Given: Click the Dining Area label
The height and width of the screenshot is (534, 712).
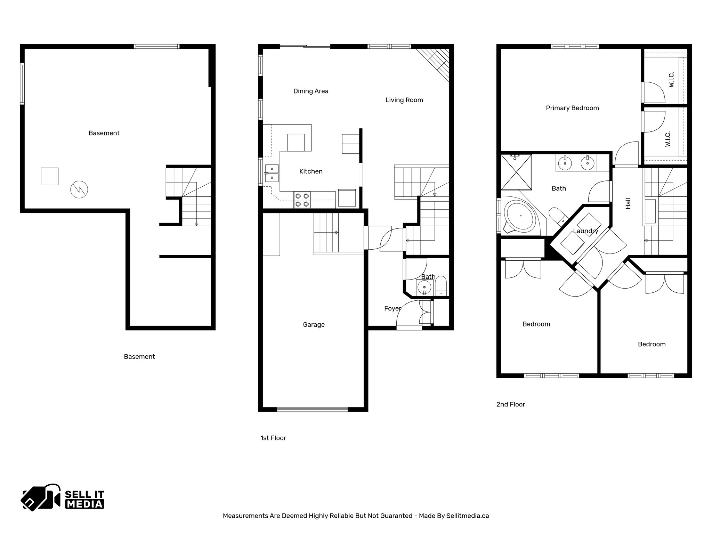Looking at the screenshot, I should (311, 91).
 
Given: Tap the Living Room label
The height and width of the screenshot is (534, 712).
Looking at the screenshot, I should (404, 100).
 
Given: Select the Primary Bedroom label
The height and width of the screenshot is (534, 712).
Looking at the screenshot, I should (572, 108).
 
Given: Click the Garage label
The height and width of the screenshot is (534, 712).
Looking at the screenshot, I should (314, 325).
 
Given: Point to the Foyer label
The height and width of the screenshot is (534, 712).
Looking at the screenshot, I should (393, 308).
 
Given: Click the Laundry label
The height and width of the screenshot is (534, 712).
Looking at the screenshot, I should (585, 231).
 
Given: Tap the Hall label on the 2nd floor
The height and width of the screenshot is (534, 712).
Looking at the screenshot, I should (628, 204).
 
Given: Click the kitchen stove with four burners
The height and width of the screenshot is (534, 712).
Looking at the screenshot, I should (302, 200).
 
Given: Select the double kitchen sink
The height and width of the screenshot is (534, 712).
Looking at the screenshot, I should (272, 173).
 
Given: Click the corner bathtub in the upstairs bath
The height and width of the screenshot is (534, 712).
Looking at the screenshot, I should (520, 216).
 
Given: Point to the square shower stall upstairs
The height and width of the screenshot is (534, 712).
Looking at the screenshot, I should (516, 172).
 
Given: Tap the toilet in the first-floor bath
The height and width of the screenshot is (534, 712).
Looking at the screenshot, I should (441, 285).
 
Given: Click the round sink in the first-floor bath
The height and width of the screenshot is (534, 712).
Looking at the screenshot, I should (424, 288).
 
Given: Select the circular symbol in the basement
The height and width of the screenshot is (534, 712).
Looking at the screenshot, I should (79, 189).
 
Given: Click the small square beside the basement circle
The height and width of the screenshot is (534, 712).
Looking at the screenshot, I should (50, 176).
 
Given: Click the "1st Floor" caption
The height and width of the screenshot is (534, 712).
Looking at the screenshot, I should (273, 438).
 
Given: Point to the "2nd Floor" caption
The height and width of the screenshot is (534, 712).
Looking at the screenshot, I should (510, 404).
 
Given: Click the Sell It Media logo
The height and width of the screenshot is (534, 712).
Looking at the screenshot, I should (63, 497).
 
